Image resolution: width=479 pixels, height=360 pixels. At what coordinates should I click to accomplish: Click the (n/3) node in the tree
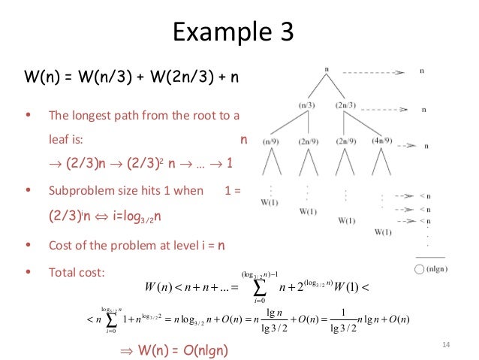pos(306,105)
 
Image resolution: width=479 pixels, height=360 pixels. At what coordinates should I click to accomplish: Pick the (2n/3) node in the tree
pos(346,105)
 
